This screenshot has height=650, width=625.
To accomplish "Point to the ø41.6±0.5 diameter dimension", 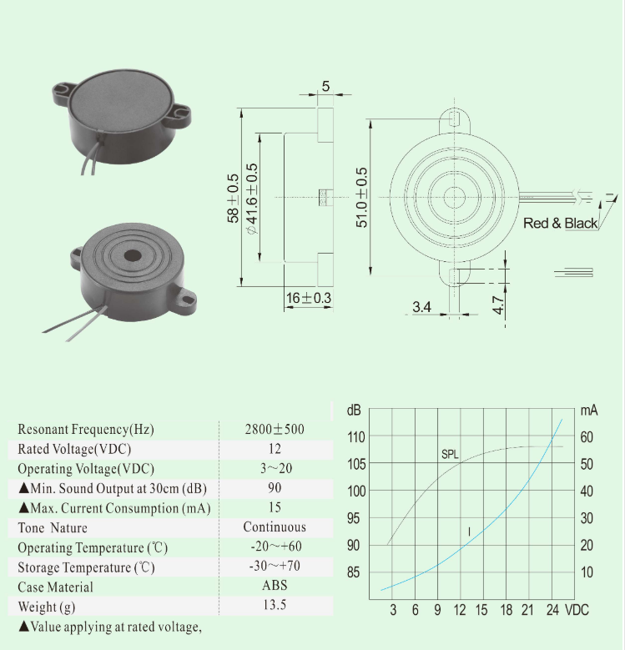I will click(x=251, y=198).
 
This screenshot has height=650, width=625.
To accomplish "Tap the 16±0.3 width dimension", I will click(x=309, y=298).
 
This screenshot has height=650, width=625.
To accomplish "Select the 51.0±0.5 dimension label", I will click(x=362, y=198).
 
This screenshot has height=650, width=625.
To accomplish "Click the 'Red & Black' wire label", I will click(x=560, y=224).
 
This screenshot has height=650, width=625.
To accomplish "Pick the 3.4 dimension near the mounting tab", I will click(x=422, y=307).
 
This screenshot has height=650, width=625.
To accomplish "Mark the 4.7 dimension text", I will click(x=498, y=304).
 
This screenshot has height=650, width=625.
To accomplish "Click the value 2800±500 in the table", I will click(x=275, y=430).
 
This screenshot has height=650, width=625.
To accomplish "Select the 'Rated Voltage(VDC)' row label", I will click(x=73, y=449).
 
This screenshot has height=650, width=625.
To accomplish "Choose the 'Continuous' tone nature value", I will click(x=275, y=527).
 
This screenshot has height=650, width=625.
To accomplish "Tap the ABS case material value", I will click(x=275, y=586).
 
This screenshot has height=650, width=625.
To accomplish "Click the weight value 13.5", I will click(x=275, y=605).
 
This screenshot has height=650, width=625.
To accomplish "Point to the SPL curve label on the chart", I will click(x=450, y=455).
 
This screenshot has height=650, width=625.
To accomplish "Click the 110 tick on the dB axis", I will click(x=356, y=436).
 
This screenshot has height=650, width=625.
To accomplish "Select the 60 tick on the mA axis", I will click(x=587, y=436).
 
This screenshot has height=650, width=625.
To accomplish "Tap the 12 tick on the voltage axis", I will click(x=460, y=610).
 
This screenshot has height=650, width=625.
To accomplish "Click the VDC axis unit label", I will click(x=577, y=610).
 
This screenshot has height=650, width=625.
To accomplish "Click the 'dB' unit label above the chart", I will click(x=354, y=411).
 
